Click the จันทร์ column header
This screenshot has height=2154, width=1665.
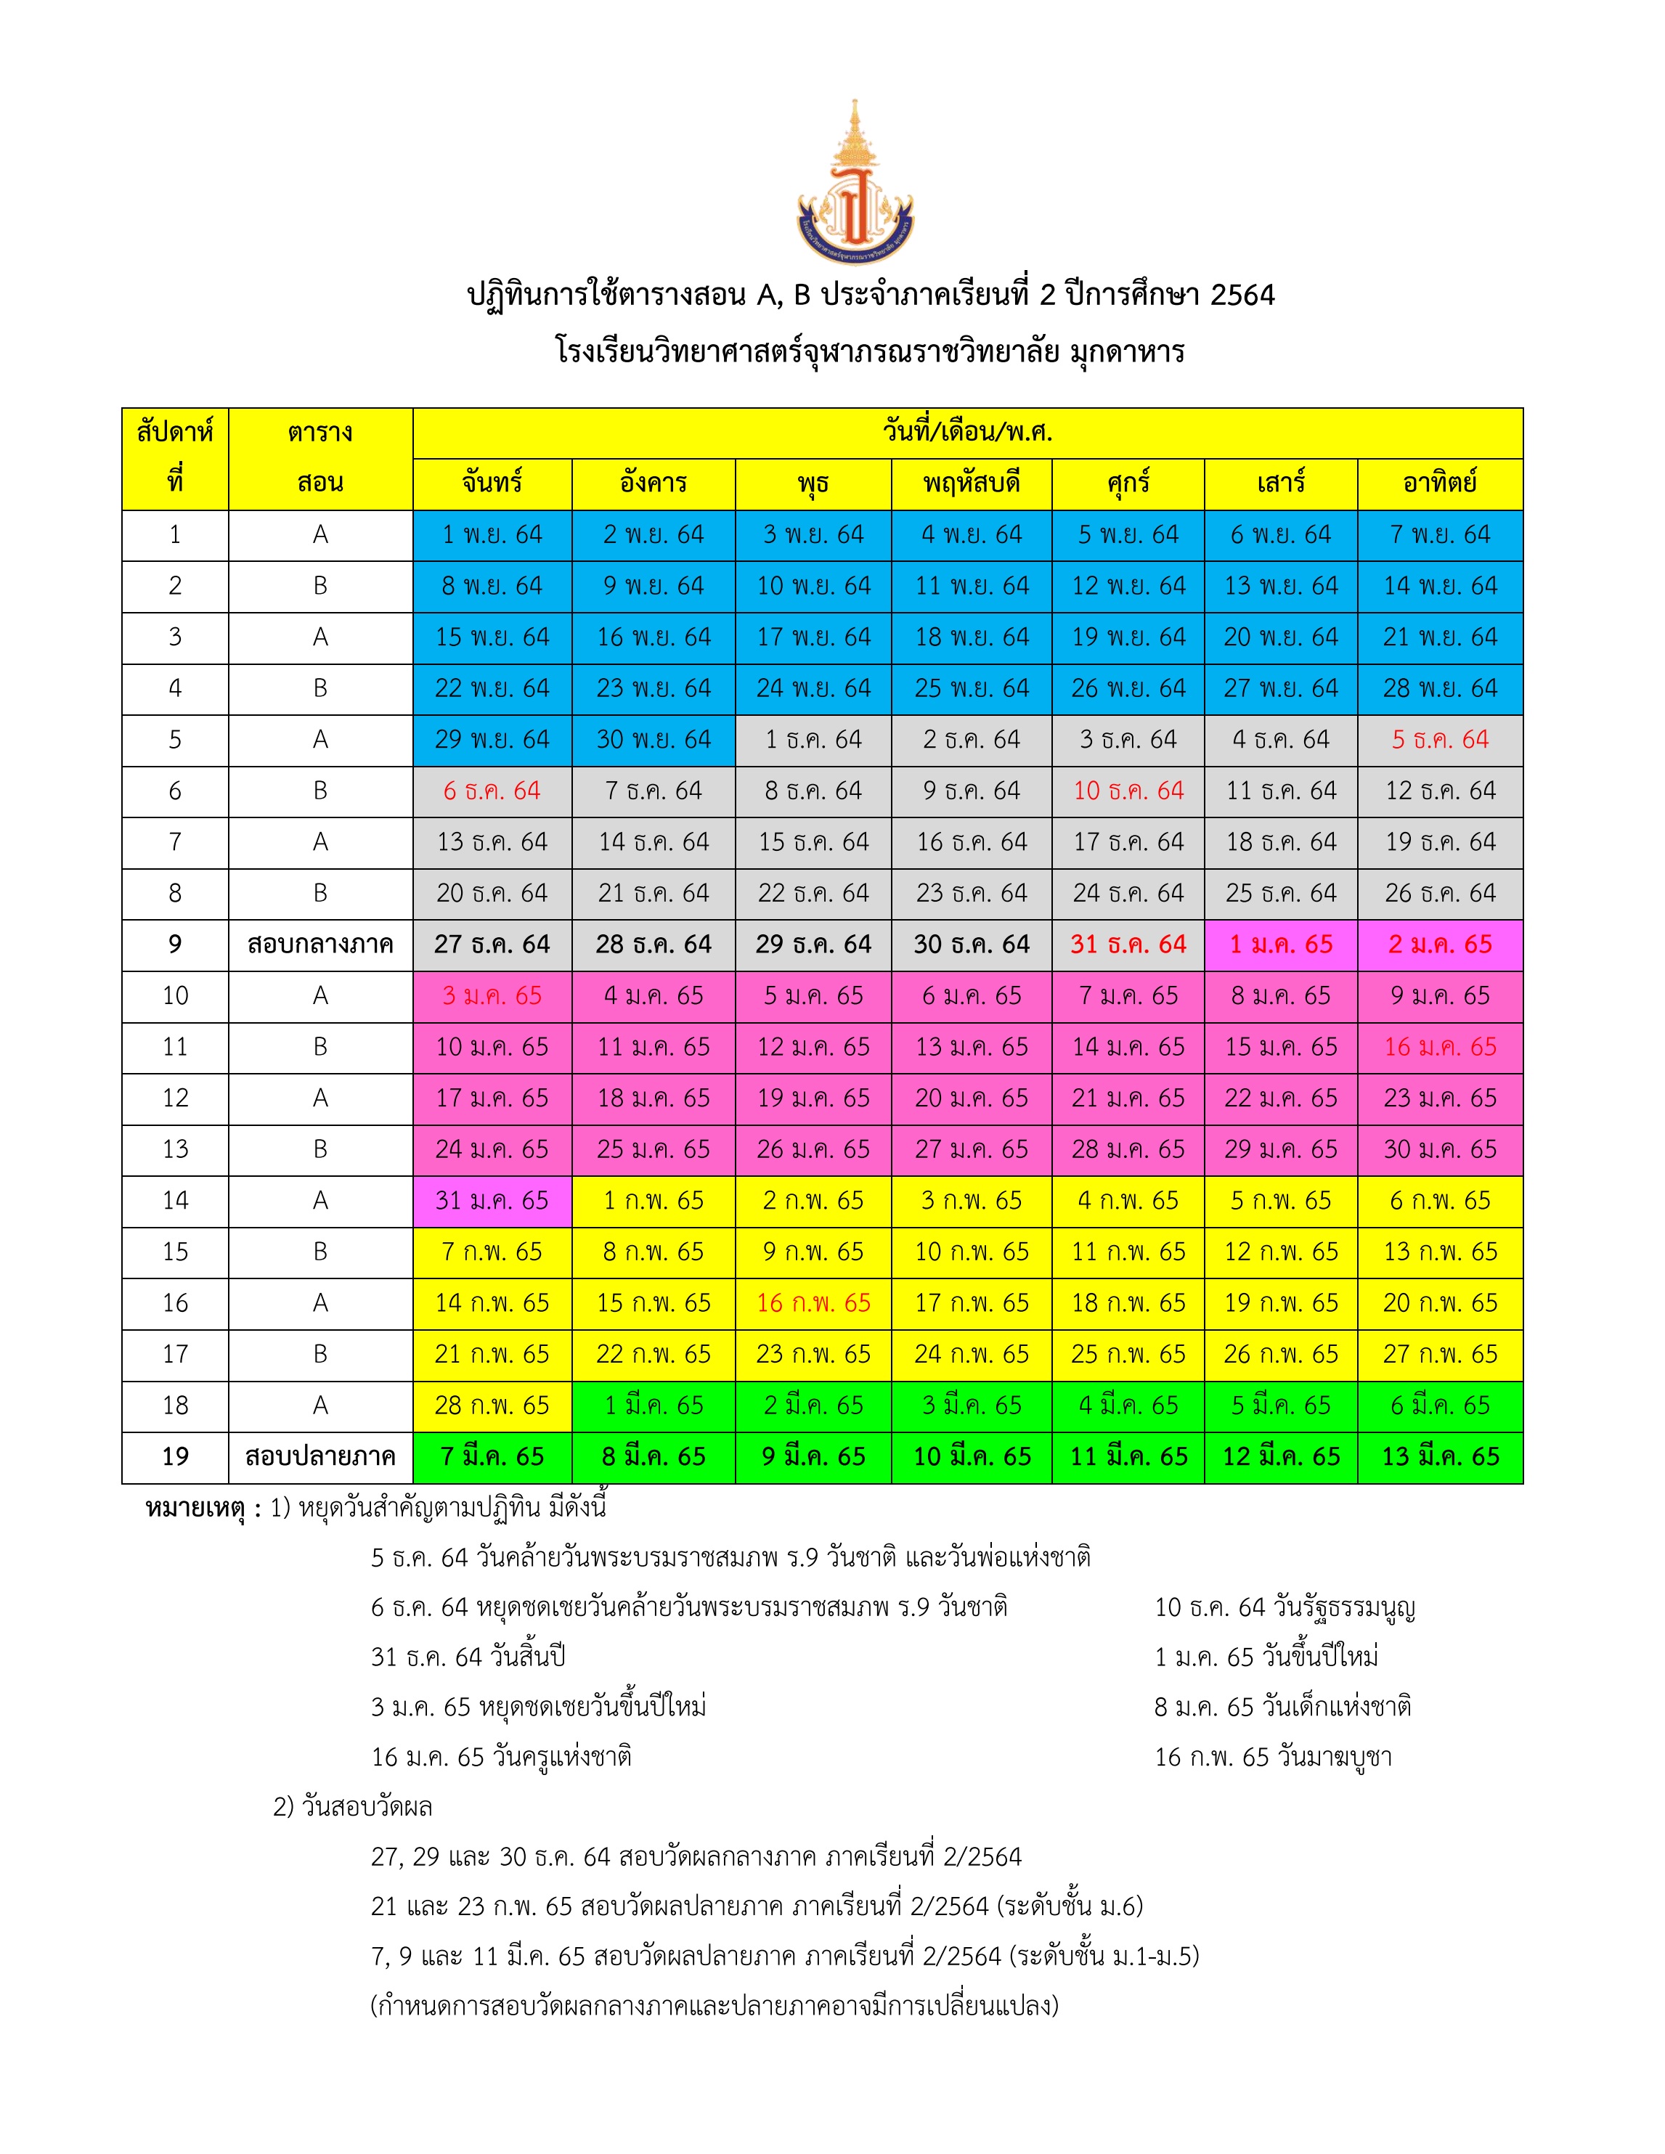[x=492, y=484]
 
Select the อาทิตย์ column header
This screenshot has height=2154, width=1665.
[x=1439, y=484]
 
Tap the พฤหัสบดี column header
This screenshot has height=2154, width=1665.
[x=971, y=484]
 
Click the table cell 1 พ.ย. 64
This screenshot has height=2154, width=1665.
[x=492, y=534]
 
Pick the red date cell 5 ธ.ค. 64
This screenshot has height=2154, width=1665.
[x=1439, y=740]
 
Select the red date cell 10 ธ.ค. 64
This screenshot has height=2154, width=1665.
[x=1128, y=791]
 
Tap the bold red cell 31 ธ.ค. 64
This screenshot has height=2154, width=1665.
[x=1128, y=945]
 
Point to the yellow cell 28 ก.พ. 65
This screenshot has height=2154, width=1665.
[x=492, y=1406]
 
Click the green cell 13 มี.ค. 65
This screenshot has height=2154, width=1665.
[x=1439, y=1457]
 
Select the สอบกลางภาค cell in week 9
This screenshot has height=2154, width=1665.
[x=320, y=945]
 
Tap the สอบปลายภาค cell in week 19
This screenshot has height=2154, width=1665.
[x=320, y=1457]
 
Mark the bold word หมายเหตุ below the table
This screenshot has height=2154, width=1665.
[x=195, y=1509]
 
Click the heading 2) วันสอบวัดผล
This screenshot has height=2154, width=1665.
[x=353, y=1807]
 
